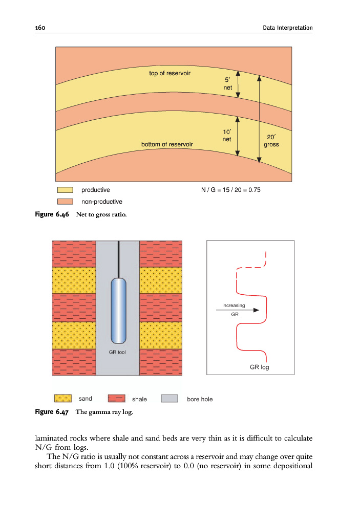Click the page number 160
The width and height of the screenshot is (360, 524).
40,28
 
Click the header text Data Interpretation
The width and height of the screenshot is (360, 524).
288,28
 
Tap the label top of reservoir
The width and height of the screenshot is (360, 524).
170,73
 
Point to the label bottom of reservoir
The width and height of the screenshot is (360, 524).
167,144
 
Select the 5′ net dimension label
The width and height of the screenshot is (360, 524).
227,83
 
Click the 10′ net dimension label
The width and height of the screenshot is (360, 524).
227,135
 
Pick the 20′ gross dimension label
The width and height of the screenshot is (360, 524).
271,141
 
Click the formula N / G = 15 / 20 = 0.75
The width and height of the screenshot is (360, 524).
231,190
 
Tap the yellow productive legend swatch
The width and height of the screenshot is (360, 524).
65,190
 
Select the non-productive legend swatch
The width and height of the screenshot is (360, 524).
65,202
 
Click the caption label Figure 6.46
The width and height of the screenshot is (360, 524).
52,214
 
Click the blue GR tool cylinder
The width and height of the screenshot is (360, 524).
118,311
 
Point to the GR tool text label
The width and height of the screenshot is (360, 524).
117,352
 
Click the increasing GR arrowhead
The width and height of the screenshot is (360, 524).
256,310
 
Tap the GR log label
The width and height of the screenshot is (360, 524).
259,367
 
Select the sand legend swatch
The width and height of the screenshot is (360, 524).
63,398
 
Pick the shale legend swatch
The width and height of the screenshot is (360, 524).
116,398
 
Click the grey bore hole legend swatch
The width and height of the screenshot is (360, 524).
170,398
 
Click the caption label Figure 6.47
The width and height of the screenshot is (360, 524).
52,412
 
